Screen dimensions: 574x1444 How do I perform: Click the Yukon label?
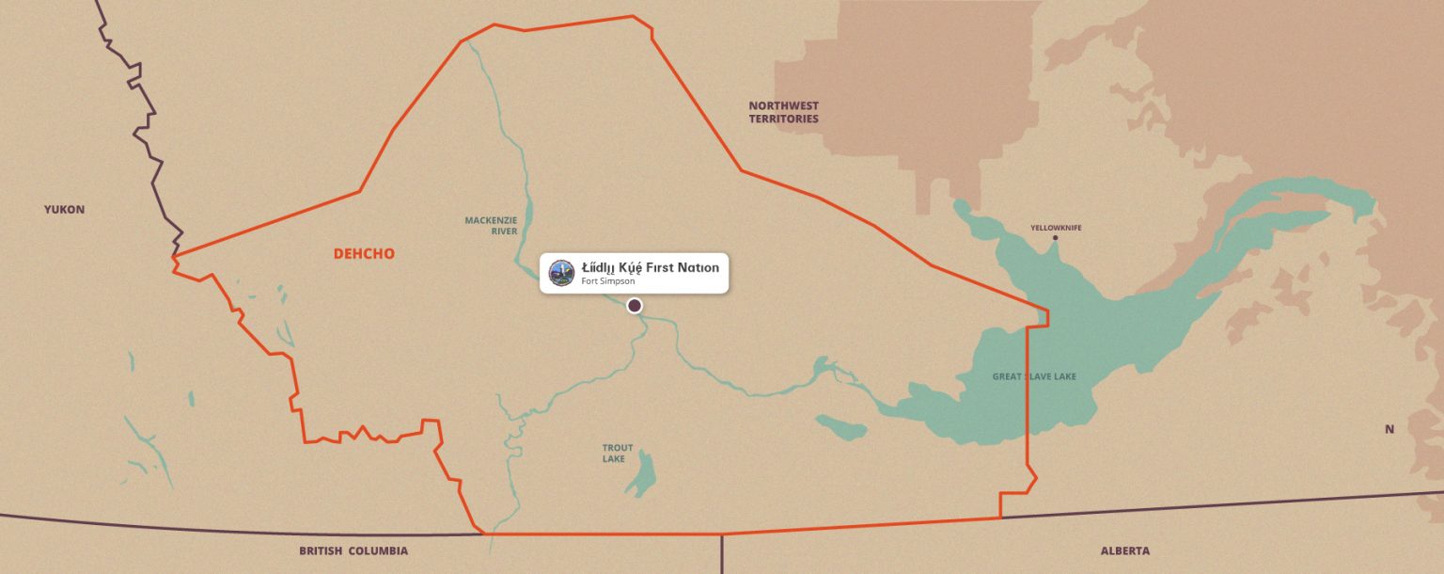pos(64,209)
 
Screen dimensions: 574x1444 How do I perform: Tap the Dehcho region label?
pos(364,254)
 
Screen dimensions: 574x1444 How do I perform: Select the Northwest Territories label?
pos(783,112)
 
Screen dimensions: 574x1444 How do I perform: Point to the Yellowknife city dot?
pos(1055,237)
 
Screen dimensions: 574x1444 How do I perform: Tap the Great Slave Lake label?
pos(1034,376)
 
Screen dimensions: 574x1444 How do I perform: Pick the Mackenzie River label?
pos(491,225)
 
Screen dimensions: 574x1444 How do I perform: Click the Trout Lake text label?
pos(618,454)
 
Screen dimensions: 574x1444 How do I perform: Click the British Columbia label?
pos(353,550)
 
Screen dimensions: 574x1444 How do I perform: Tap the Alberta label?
pos(1124,550)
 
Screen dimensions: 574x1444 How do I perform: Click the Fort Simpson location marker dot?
pos(635,305)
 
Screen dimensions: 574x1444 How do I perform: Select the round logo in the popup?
pos(561,273)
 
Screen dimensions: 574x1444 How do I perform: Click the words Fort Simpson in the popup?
pos(607,281)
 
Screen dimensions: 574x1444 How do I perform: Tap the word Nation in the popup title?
pos(699,267)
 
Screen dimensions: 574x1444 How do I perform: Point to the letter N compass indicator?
pos(1389,429)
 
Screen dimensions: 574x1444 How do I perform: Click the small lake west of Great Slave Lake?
pos(841,427)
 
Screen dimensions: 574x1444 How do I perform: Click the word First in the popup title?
pos(662,267)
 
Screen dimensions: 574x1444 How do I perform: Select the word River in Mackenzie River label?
pos(504,231)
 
